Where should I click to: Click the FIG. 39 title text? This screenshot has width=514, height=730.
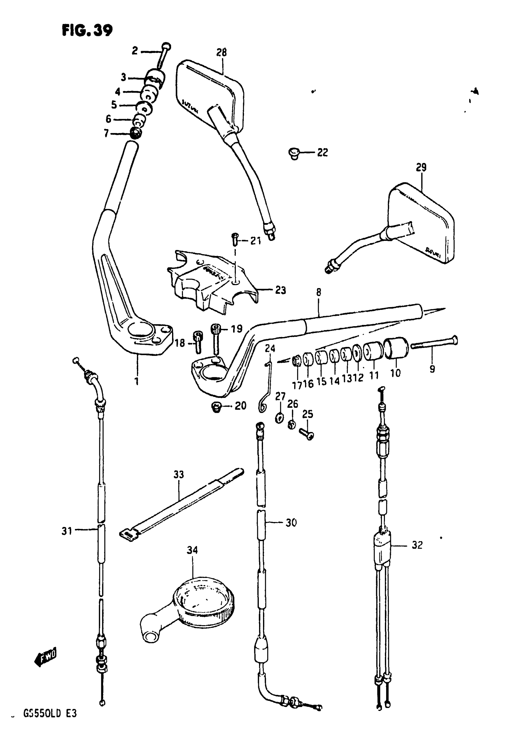coord(87,31)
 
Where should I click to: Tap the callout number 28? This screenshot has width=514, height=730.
coord(221,52)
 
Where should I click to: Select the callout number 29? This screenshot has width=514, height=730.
coord(421,167)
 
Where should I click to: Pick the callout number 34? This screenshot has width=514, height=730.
coord(192,550)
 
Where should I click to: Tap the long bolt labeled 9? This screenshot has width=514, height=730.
coord(434,343)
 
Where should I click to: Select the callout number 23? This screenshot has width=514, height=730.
coord(280,290)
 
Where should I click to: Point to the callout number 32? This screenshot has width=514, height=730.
coord(417,545)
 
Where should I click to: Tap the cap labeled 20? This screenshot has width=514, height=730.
coord(216,407)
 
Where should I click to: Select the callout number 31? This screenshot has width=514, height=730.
coord(67,531)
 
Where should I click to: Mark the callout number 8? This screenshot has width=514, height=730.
coord(318,292)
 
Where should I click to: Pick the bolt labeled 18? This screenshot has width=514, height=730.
coord(198,342)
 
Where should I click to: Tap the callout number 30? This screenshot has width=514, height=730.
coord(291,522)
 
